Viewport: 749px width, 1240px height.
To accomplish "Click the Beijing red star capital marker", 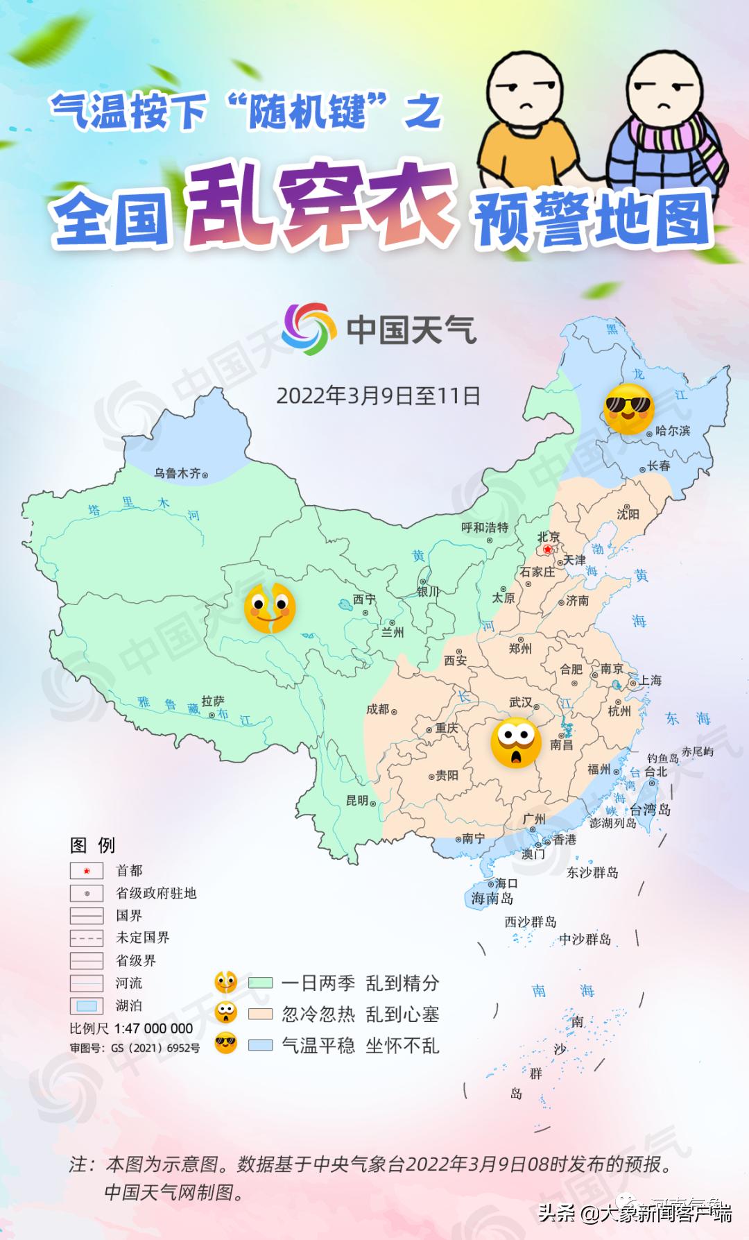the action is click(548, 550).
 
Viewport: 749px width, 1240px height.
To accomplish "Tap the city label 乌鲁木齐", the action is click(177, 473).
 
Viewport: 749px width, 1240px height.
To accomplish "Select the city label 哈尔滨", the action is click(673, 430).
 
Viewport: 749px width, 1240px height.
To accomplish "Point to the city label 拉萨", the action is click(213, 701).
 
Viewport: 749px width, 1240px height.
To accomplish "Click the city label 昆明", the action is click(357, 800).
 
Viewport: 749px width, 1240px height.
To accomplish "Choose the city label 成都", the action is click(378, 708).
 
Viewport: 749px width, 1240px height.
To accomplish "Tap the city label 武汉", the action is click(520, 702).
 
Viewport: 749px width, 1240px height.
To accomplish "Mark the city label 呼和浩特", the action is click(485, 527).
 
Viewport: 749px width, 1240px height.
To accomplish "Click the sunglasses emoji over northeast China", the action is click(629, 409).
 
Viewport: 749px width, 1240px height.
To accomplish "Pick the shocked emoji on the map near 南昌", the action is click(516, 743).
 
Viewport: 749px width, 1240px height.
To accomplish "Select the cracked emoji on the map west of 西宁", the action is click(270, 608).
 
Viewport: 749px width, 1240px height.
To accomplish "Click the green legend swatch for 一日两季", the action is click(261, 983).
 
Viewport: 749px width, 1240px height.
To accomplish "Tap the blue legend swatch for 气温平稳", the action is click(261, 1045).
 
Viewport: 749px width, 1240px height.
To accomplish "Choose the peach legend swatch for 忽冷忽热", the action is click(261, 1014).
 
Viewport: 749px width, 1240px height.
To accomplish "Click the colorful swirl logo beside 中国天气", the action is click(307, 328).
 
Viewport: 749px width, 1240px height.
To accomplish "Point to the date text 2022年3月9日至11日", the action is click(379, 396).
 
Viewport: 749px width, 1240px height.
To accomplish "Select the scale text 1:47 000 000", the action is click(153, 1028).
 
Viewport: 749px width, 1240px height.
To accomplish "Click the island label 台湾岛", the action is click(650, 809).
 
